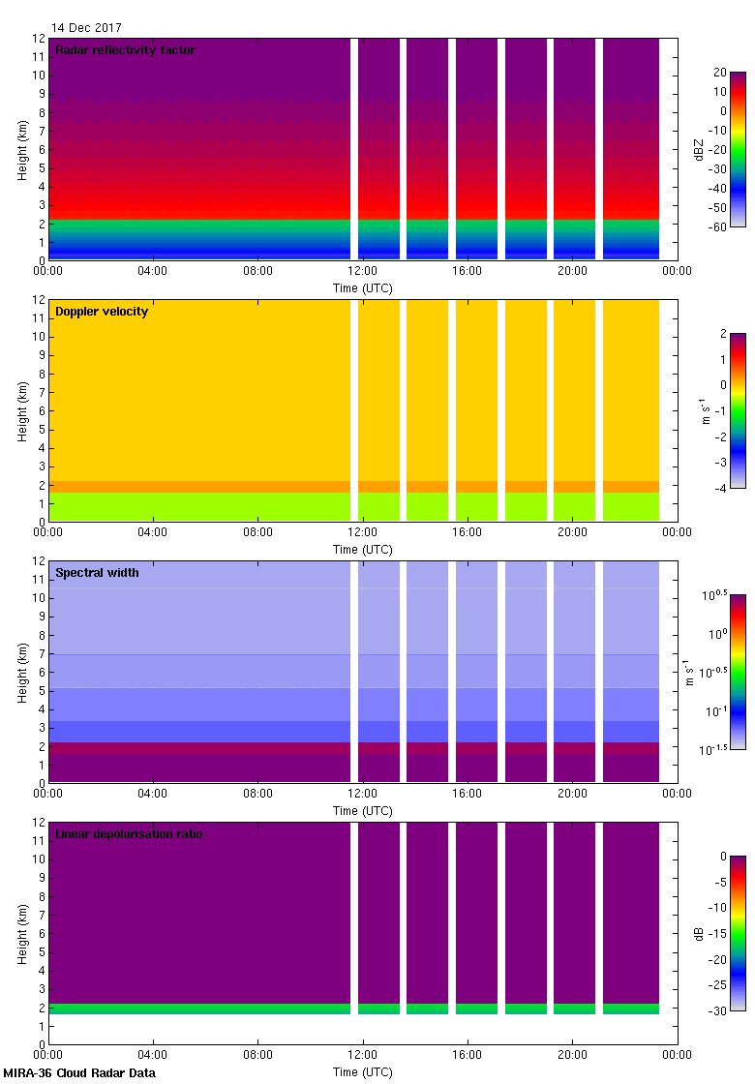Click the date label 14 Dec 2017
point(86,28)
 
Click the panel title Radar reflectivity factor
point(125,50)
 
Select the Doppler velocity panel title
point(102,312)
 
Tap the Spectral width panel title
point(97,573)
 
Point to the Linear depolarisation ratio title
point(129,834)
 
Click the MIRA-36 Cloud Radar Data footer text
point(79,1073)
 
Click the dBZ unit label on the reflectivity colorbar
point(699,150)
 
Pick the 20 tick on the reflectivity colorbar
point(720,73)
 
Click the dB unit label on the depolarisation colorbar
point(699,934)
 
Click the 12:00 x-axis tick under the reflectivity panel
point(362,271)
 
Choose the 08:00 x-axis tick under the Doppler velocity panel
point(257,532)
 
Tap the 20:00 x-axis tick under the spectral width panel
point(572,794)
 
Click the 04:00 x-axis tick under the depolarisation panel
point(153,1055)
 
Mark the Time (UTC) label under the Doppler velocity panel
point(363,550)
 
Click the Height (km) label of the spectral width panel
point(22,672)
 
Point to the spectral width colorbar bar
point(738,672)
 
